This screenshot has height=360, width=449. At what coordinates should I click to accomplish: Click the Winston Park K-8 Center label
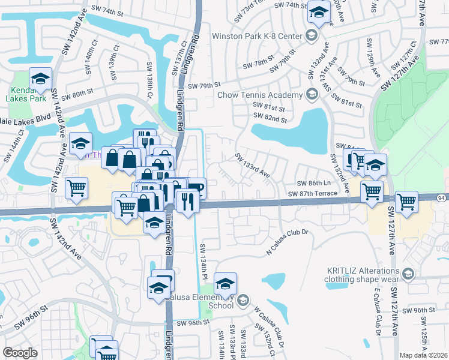[x=256, y=37]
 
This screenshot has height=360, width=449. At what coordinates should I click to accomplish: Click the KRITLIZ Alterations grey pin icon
[x=408, y=274]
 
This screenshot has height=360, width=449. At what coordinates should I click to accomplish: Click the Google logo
[x=20, y=353]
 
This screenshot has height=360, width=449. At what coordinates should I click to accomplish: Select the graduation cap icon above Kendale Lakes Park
[x=40, y=78]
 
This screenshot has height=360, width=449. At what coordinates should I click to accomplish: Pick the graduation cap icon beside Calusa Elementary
[x=226, y=283]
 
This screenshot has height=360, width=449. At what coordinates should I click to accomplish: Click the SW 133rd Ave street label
[x=252, y=166]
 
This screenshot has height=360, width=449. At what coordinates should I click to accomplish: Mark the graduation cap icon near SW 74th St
[x=319, y=12]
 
